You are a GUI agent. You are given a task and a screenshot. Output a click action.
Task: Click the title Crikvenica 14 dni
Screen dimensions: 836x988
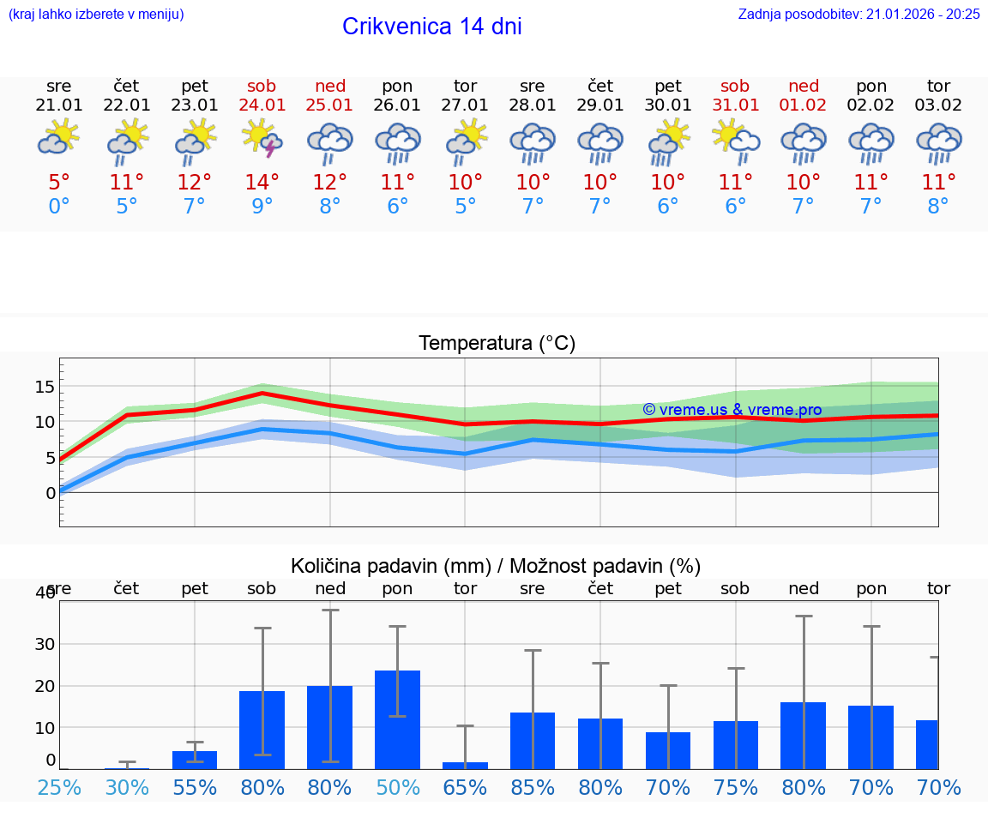tap(431, 27)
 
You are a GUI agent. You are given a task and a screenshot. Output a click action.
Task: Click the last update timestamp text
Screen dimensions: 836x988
tap(858, 14)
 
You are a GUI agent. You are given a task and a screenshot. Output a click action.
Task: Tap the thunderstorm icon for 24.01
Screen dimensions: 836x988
tap(262, 139)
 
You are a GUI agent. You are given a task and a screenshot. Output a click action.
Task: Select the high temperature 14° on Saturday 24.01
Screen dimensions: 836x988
tap(262, 182)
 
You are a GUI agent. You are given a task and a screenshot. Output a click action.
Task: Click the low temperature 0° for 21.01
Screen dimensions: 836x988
tap(58, 206)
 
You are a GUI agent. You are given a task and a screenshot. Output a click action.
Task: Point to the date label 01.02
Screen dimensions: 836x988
tap(804, 105)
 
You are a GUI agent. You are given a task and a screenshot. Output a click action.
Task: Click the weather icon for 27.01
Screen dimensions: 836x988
tap(466, 139)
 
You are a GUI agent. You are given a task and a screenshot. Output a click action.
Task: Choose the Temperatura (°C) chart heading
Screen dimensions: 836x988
tap(497, 344)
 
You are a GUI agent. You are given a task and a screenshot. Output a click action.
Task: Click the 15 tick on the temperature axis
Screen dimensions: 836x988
tap(45, 387)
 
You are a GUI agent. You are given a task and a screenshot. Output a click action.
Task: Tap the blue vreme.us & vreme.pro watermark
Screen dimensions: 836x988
tap(732, 410)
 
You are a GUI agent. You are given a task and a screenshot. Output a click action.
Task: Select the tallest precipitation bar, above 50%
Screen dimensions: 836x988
tap(397, 719)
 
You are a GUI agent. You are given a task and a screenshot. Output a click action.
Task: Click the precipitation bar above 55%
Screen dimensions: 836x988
tap(195, 760)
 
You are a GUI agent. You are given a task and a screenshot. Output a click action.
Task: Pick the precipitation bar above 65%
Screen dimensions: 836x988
tap(466, 765)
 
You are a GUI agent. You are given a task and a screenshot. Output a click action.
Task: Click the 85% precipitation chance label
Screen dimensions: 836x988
tap(533, 788)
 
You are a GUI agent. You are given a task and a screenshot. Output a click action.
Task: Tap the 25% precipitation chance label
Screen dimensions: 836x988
tap(59, 788)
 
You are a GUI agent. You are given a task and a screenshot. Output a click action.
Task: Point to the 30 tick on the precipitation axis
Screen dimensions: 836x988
tap(45, 644)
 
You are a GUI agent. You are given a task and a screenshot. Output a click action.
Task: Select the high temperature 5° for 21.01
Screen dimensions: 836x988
tap(58, 182)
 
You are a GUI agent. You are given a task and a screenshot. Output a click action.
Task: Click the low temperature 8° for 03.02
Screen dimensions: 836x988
tap(938, 206)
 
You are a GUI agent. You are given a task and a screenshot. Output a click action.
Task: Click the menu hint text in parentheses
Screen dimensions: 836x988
tap(96, 14)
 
